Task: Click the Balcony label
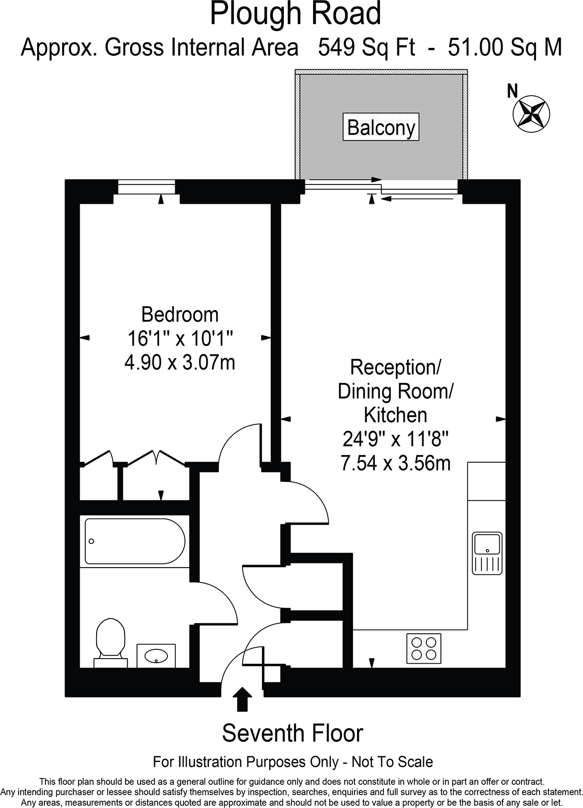click(381, 127)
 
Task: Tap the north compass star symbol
click(531, 112)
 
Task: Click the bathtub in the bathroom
click(134, 541)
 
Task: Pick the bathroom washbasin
click(156, 656)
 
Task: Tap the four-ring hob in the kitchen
click(423, 648)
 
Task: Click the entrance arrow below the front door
click(242, 699)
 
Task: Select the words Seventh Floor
click(293, 733)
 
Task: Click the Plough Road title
click(295, 14)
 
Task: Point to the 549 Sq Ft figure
click(366, 48)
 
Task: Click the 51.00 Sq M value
click(504, 48)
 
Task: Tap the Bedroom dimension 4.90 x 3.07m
click(180, 362)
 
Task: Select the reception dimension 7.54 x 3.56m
click(395, 463)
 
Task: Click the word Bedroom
click(180, 314)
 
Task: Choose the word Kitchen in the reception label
click(395, 415)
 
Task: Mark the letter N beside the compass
click(512, 92)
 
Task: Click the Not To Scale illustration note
click(293, 761)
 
